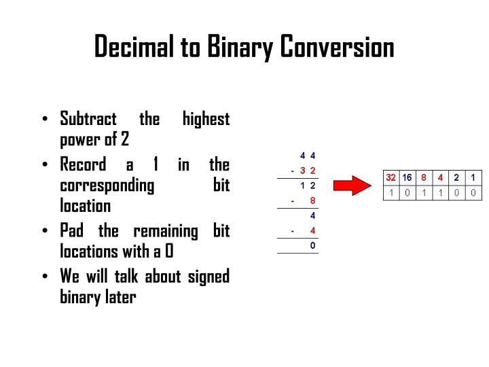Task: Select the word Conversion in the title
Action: click(338, 48)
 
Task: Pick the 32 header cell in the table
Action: click(391, 177)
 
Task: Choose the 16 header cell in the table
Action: click(407, 177)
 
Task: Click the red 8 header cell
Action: click(424, 177)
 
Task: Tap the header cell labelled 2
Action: click(456, 177)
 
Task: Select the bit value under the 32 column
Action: click(391, 192)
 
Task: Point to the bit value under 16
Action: click(407, 192)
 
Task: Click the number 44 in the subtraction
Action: click(308, 155)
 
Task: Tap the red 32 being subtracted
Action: click(308, 170)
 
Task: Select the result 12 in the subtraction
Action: click(308, 185)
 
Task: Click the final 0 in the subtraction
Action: click(312, 245)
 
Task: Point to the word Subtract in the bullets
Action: click(88, 120)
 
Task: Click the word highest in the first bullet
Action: click(206, 120)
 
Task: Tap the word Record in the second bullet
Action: click(83, 164)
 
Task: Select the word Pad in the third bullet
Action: click(72, 230)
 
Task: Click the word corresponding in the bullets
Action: click(107, 186)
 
